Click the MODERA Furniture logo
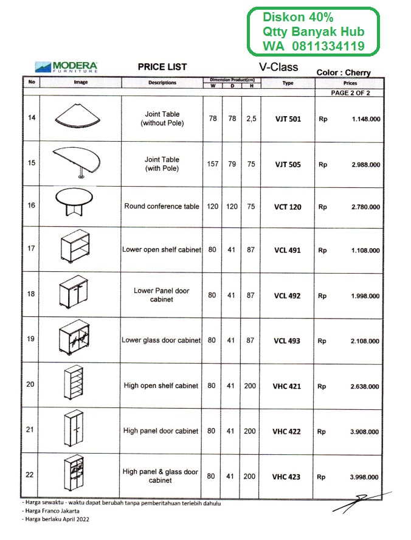point(67,66)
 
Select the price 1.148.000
point(365,119)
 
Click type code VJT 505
point(288,164)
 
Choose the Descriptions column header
point(162,83)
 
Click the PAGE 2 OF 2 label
point(350,93)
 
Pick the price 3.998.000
point(365,477)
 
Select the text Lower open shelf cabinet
point(161,250)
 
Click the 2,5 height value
point(251,119)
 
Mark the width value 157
point(212,164)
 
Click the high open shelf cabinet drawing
point(74,385)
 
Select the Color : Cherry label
point(344,73)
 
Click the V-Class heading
point(278,66)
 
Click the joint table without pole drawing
point(76,116)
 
